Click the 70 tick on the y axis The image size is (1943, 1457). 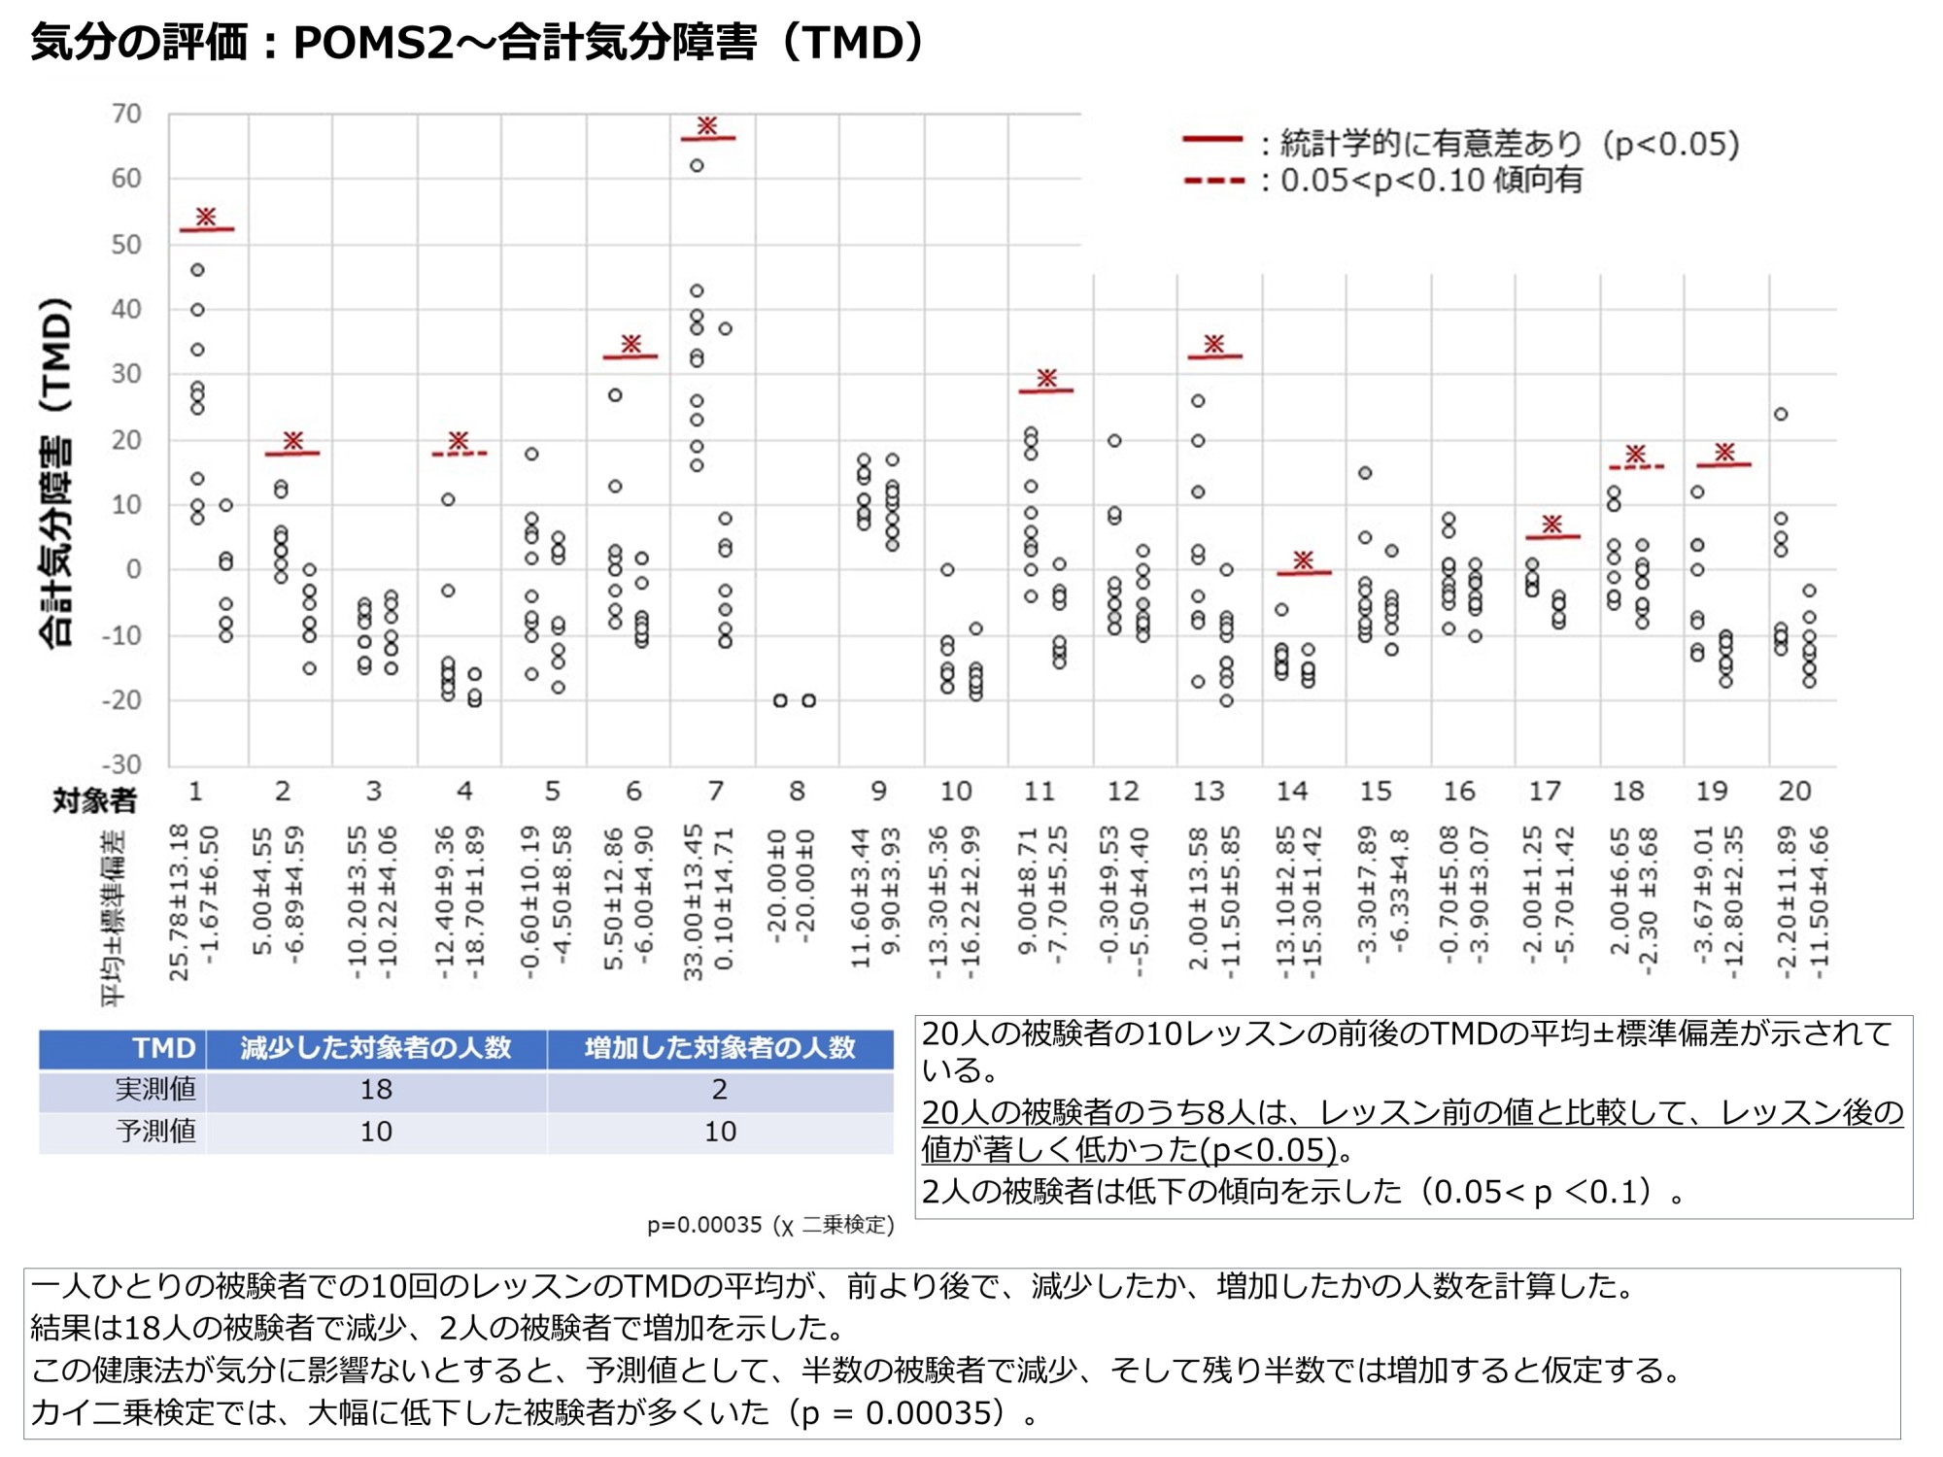coord(126,115)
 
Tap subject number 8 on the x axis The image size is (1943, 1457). coord(797,792)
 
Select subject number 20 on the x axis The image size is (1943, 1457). coord(1794,792)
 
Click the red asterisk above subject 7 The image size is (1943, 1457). coord(707,125)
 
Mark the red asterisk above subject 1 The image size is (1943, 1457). coord(206,217)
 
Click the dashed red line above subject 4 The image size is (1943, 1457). coord(460,454)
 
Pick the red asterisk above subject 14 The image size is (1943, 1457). coord(1304,559)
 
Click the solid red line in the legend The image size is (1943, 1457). coord(1212,140)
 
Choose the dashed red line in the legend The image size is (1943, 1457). coord(1213,181)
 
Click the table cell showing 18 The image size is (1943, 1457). coord(376,1090)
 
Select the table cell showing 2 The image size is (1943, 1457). coord(719,1090)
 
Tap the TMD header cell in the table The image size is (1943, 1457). coord(164,1048)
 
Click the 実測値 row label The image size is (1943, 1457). coord(155,1090)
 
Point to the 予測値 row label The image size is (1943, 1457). coord(155,1132)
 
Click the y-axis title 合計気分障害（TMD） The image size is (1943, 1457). coord(56,471)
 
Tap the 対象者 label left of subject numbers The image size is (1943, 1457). coord(94,800)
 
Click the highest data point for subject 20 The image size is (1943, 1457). coord(1781,414)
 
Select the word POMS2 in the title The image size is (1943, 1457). coord(374,43)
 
